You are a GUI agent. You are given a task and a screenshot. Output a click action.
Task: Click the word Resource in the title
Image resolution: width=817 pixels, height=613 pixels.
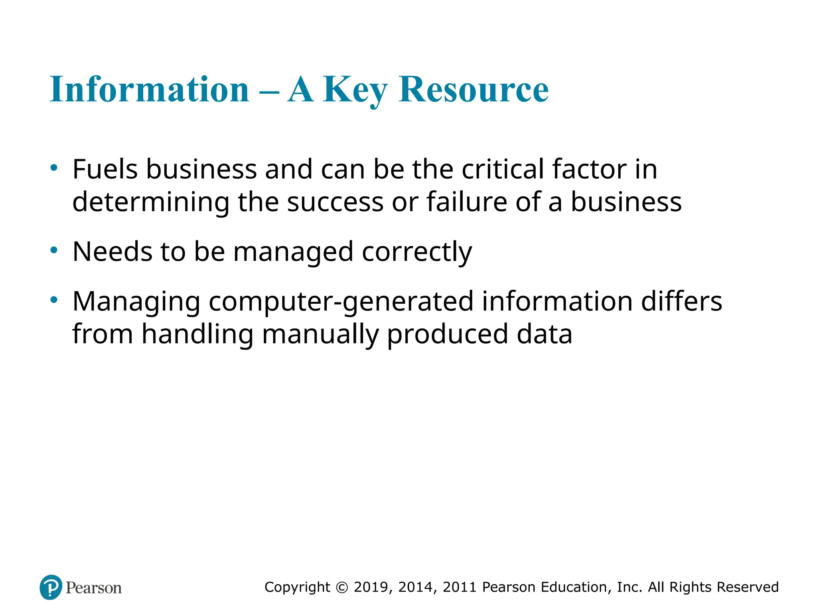(x=474, y=89)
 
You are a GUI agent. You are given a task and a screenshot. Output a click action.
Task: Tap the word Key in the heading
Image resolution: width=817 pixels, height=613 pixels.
(x=355, y=90)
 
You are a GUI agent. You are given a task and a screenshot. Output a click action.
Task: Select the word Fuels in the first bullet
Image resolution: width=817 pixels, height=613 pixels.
(x=105, y=169)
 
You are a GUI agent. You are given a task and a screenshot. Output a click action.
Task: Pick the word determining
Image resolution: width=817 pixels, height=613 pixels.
(x=151, y=203)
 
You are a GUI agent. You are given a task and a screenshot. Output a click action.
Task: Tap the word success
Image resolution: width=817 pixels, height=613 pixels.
(x=335, y=203)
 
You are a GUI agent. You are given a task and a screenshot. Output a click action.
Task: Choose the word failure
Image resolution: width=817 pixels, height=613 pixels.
(x=467, y=202)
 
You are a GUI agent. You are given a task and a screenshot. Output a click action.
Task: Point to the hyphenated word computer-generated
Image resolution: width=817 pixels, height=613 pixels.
(x=341, y=302)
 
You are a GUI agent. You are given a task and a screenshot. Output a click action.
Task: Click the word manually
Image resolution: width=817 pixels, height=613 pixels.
(x=320, y=335)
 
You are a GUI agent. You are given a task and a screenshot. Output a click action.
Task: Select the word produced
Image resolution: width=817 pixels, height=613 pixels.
(x=448, y=335)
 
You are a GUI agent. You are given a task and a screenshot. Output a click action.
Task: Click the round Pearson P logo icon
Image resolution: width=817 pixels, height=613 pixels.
(x=51, y=587)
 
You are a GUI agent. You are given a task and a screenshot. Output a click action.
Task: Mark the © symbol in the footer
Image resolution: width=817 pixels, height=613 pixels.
(x=342, y=587)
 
